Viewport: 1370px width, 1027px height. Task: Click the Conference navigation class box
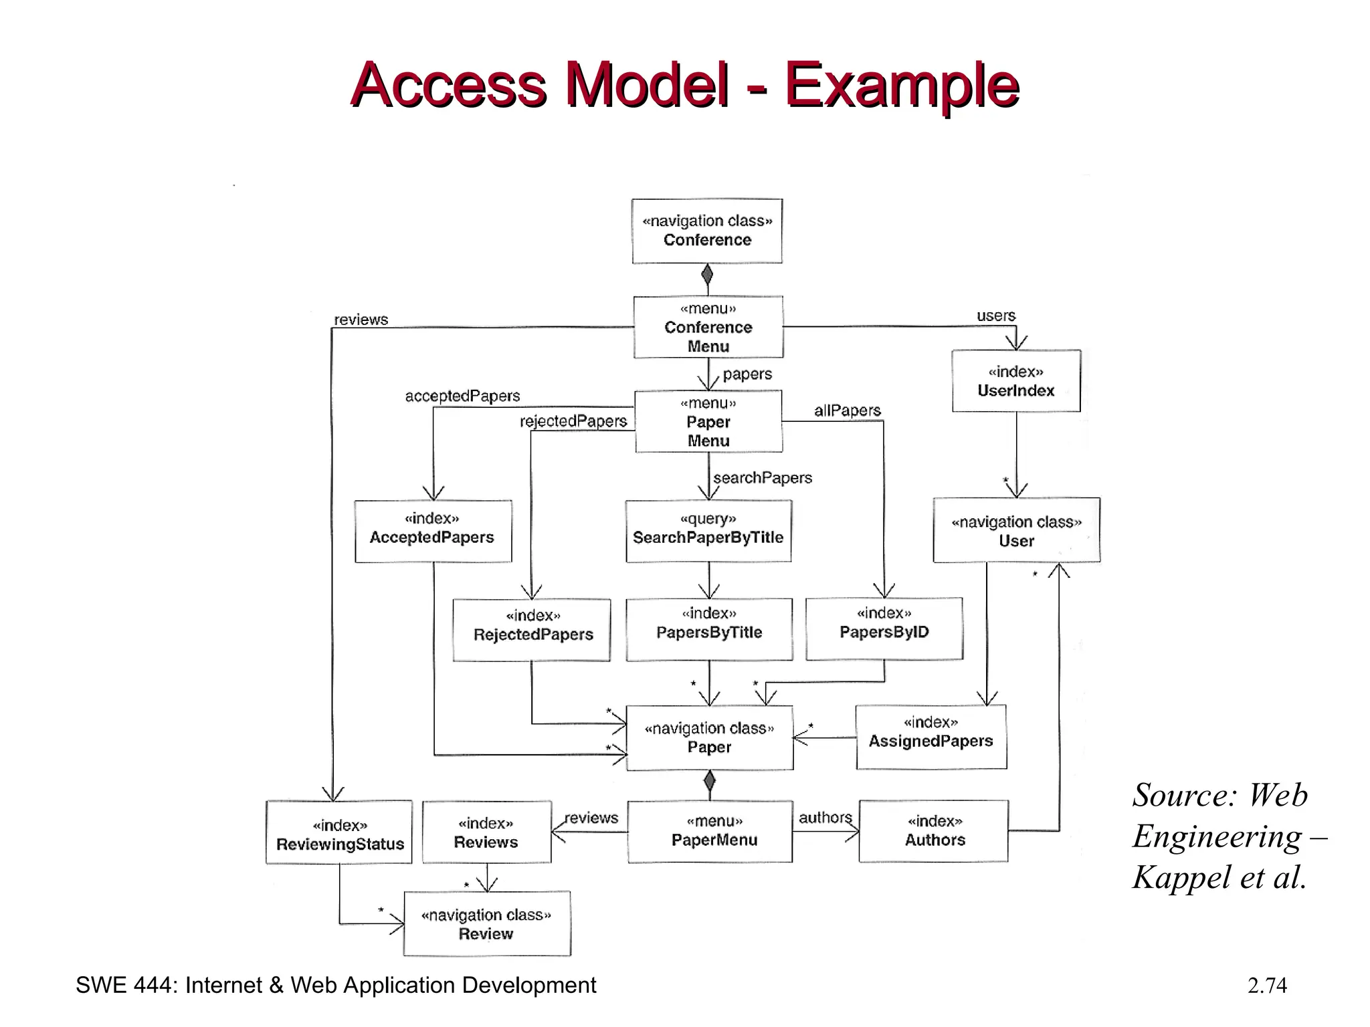click(x=707, y=231)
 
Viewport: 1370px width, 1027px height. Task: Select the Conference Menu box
click(x=708, y=327)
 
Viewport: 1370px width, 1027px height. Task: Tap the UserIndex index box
click(x=1016, y=381)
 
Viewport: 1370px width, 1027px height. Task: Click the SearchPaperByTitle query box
click(x=708, y=531)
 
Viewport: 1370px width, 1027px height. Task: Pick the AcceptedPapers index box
click(x=433, y=531)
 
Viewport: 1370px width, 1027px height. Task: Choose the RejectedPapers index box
click(x=532, y=629)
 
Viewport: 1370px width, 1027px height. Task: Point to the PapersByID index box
click(x=884, y=629)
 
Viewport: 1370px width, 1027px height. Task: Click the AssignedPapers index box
click(x=931, y=737)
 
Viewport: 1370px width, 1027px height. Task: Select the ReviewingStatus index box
click(x=339, y=832)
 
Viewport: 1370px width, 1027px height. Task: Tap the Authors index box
click(x=934, y=831)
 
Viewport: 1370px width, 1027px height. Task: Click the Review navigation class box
click(x=487, y=923)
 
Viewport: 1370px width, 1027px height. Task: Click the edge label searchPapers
click(x=763, y=478)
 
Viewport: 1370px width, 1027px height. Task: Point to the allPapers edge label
click(x=847, y=411)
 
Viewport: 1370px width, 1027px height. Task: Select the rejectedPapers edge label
click(x=573, y=421)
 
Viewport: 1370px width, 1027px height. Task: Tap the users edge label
click(x=995, y=316)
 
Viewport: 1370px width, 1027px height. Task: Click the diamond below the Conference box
click(x=707, y=274)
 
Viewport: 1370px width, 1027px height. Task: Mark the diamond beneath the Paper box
click(x=710, y=780)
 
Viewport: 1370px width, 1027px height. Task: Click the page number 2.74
click(x=1266, y=986)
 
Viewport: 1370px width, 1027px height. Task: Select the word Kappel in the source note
click(x=1181, y=877)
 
